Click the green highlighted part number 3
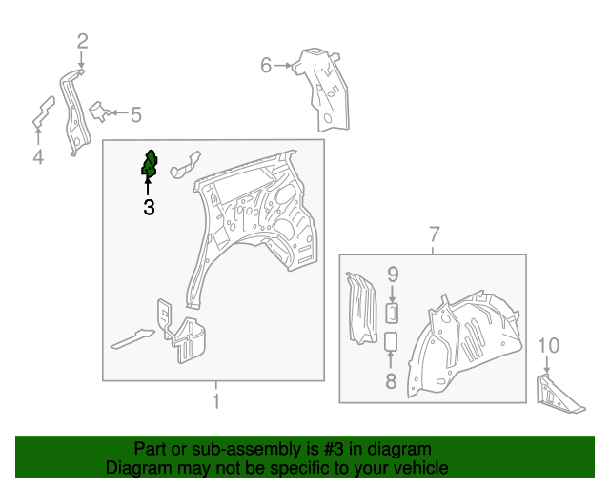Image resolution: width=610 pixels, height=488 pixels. [150, 164]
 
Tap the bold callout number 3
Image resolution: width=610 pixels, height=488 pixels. [149, 208]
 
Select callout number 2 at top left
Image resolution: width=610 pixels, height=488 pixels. [83, 41]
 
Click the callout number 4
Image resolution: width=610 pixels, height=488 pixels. [38, 157]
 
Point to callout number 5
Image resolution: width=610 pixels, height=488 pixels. [135, 115]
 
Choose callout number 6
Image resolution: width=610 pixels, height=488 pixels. [266, 66]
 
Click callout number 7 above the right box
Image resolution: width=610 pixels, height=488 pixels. [435, 234]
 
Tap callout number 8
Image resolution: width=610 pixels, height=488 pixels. [391, 381]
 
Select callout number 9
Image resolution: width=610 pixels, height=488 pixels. [393, 274]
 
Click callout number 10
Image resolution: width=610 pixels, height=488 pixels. [549, 346]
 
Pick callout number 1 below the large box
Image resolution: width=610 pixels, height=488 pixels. [216, 401]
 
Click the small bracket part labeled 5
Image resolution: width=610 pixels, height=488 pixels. [100, 112]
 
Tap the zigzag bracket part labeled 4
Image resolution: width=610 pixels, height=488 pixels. [43, 112]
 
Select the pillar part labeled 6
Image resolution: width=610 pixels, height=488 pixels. [323, 91]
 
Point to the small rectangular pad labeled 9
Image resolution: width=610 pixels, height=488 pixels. [392, 314]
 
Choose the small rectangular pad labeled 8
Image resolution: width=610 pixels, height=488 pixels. [391, 341]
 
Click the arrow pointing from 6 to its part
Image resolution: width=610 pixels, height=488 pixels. [283, 66]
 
